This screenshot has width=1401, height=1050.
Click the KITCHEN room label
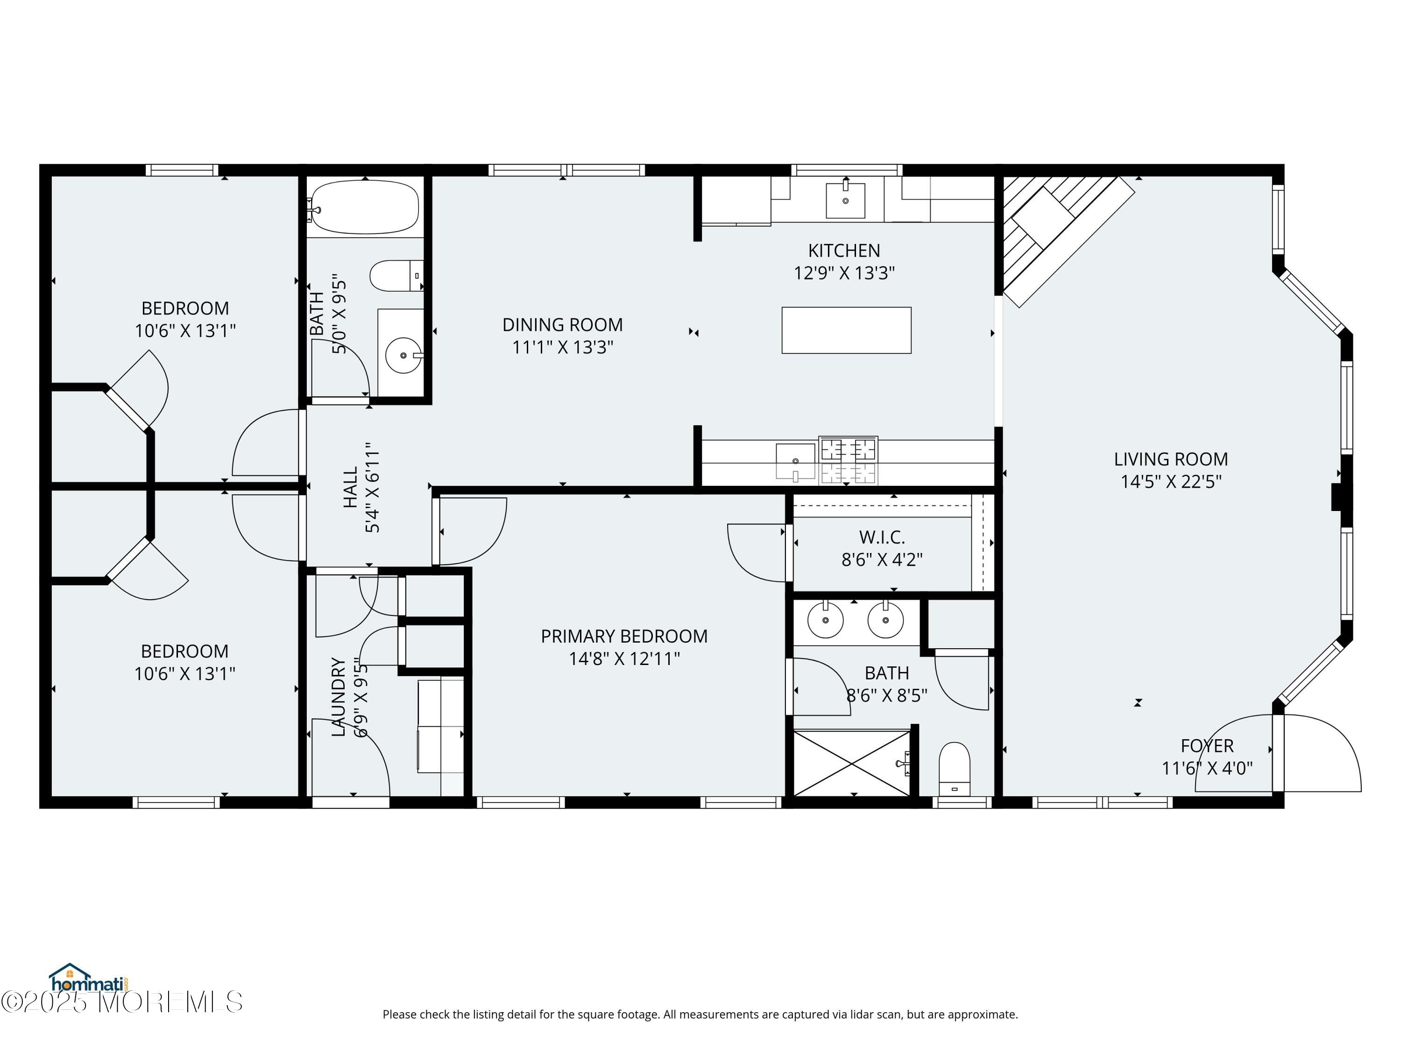point(844,251)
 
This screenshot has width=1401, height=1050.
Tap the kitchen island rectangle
point(846,330)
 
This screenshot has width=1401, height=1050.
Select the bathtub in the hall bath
point(365,207)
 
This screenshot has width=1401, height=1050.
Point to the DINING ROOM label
point(562,325)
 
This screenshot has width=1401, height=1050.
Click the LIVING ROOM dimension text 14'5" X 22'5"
point(1171,482)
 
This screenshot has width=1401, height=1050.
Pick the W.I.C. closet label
point(882,537)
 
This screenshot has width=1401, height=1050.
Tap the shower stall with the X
point(852,763)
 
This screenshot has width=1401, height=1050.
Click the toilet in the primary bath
point(955,769)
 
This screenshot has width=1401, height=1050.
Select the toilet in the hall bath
point(396,276)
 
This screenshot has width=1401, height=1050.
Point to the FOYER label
point(1207,746)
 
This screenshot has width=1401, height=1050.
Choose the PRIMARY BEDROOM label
point(624,636)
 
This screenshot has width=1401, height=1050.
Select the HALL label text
point(350,487)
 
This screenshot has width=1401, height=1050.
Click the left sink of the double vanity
point(825,620)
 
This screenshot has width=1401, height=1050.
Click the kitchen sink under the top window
point(846,200)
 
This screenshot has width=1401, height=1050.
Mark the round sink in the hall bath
point(403,356)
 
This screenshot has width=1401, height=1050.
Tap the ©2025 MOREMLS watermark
point(121,1002)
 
